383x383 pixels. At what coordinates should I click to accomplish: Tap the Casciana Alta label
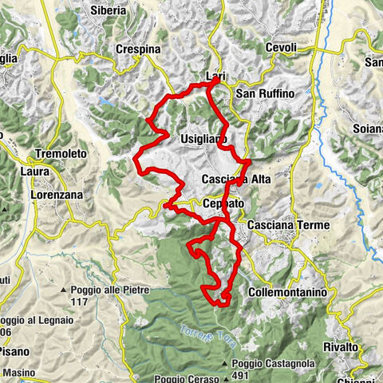click(x=236, y=179)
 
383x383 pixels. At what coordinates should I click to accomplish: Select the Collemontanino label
click(x=288, y=293)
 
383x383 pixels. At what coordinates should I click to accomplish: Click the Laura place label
click(x=36, y=171)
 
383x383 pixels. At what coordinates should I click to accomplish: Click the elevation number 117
click(x=78, y=302)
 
